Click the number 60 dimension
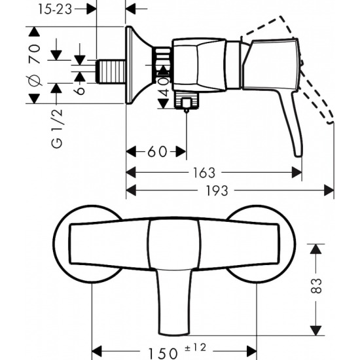point(156,152)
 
